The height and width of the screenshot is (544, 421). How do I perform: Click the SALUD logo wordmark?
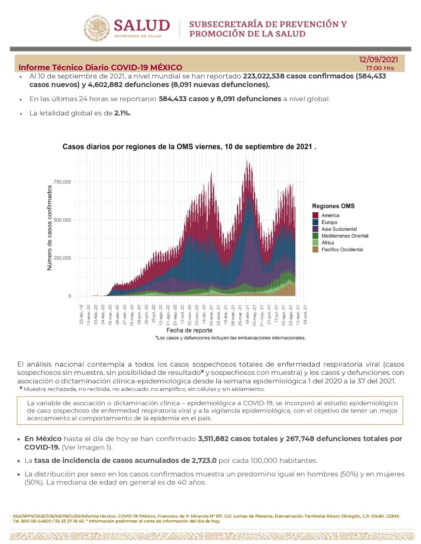[142, 25]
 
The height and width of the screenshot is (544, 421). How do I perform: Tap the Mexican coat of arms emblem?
[97, 28]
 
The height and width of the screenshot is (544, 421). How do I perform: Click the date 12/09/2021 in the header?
[378, 59]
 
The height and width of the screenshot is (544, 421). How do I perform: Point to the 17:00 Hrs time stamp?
[380, 68]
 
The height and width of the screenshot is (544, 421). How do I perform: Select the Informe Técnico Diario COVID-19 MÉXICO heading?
[100, 68]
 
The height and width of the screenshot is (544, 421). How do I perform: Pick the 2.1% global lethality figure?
[122, 113]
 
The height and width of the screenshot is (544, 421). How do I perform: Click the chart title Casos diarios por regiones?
[189, 147]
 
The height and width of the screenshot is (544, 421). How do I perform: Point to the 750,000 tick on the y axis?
[62, 182]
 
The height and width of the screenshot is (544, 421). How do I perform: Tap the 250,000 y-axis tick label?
[62, 258]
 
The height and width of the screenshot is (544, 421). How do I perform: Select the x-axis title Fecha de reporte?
[189, 330]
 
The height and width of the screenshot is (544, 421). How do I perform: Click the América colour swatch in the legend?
[315, 215]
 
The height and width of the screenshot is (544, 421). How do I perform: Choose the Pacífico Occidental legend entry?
[342, 249]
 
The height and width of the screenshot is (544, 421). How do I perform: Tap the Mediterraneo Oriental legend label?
[345, 236]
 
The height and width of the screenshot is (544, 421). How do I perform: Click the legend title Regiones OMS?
[333, 206]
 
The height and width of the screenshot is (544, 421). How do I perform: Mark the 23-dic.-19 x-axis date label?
[81, 314]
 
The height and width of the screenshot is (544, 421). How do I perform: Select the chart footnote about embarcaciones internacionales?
[230, 338]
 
